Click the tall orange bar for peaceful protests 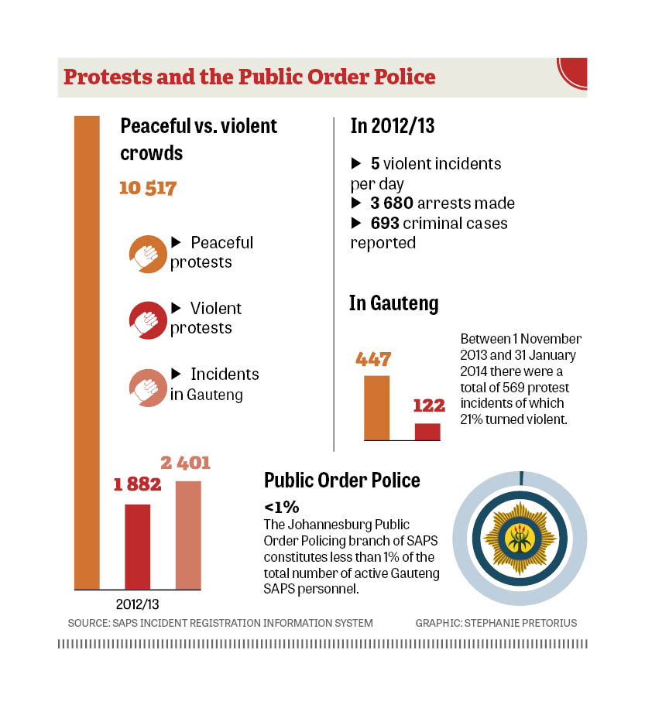[x=87, y=352]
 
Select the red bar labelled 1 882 [x=138, y=546]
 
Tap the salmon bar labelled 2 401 [x=188, y=535]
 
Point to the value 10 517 [x=148, y=188]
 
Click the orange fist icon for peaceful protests [x=146, y=253]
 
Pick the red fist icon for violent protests [x=146, y=319]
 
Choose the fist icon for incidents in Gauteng [x=146, y=385]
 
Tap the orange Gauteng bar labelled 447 [x=376, y=408]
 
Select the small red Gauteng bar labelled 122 [x=427, y=432]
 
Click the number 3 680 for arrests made [x=391, y=204]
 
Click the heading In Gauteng [x=393, y=303]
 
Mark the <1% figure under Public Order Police [x=281, y=508]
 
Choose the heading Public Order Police [x=342, y=481]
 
